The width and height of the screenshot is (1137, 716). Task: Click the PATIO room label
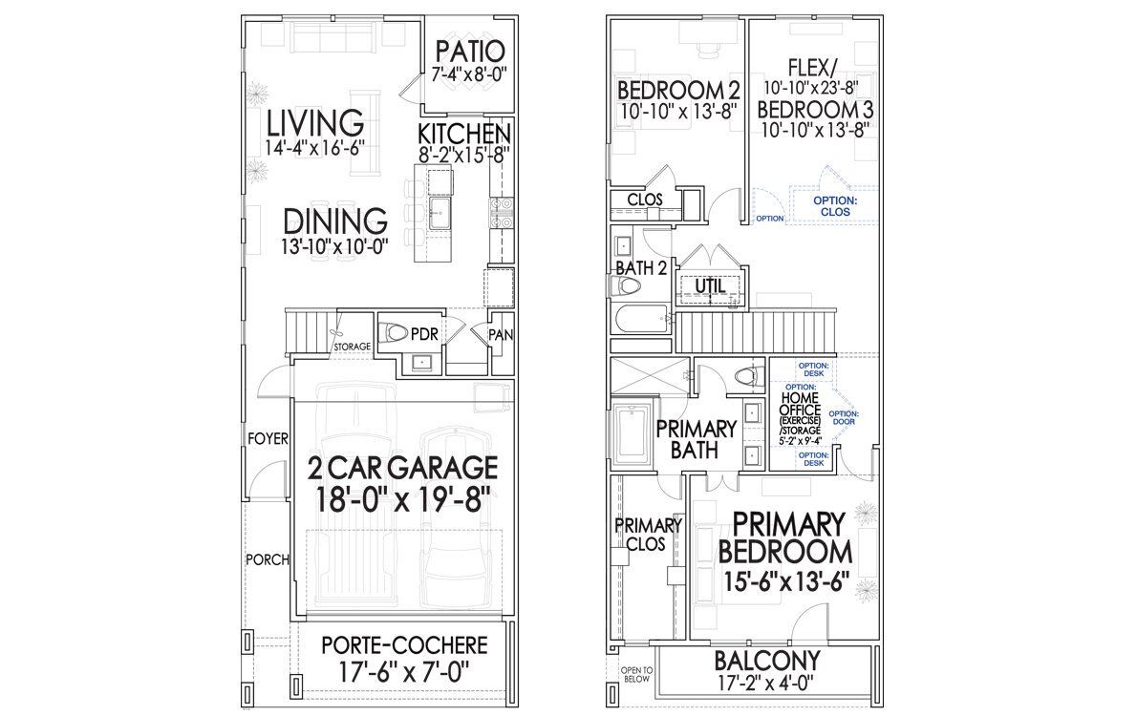click(469, 51)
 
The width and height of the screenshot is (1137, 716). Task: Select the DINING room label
click(335, 221)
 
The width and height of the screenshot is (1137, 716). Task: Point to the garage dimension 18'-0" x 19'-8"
click(402, 499)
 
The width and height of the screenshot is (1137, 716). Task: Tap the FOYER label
click(268, 439)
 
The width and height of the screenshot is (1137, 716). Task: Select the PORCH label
click(267, 559)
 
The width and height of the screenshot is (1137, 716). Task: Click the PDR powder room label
click(423, 335)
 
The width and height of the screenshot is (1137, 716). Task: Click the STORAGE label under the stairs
click(352, 346)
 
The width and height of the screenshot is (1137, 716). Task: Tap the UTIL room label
click(709, 285)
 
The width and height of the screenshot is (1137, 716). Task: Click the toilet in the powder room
click(394, 333)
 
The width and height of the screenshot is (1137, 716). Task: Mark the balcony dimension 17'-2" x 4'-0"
click(763, 684)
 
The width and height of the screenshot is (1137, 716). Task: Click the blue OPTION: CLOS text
click(834, 205)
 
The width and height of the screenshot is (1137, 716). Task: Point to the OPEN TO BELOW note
click(635, 675)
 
